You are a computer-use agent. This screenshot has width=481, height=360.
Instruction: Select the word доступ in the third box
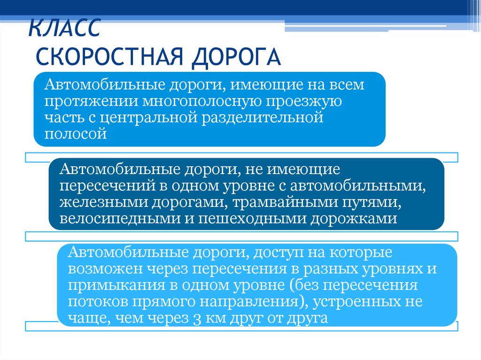(276, 253)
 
